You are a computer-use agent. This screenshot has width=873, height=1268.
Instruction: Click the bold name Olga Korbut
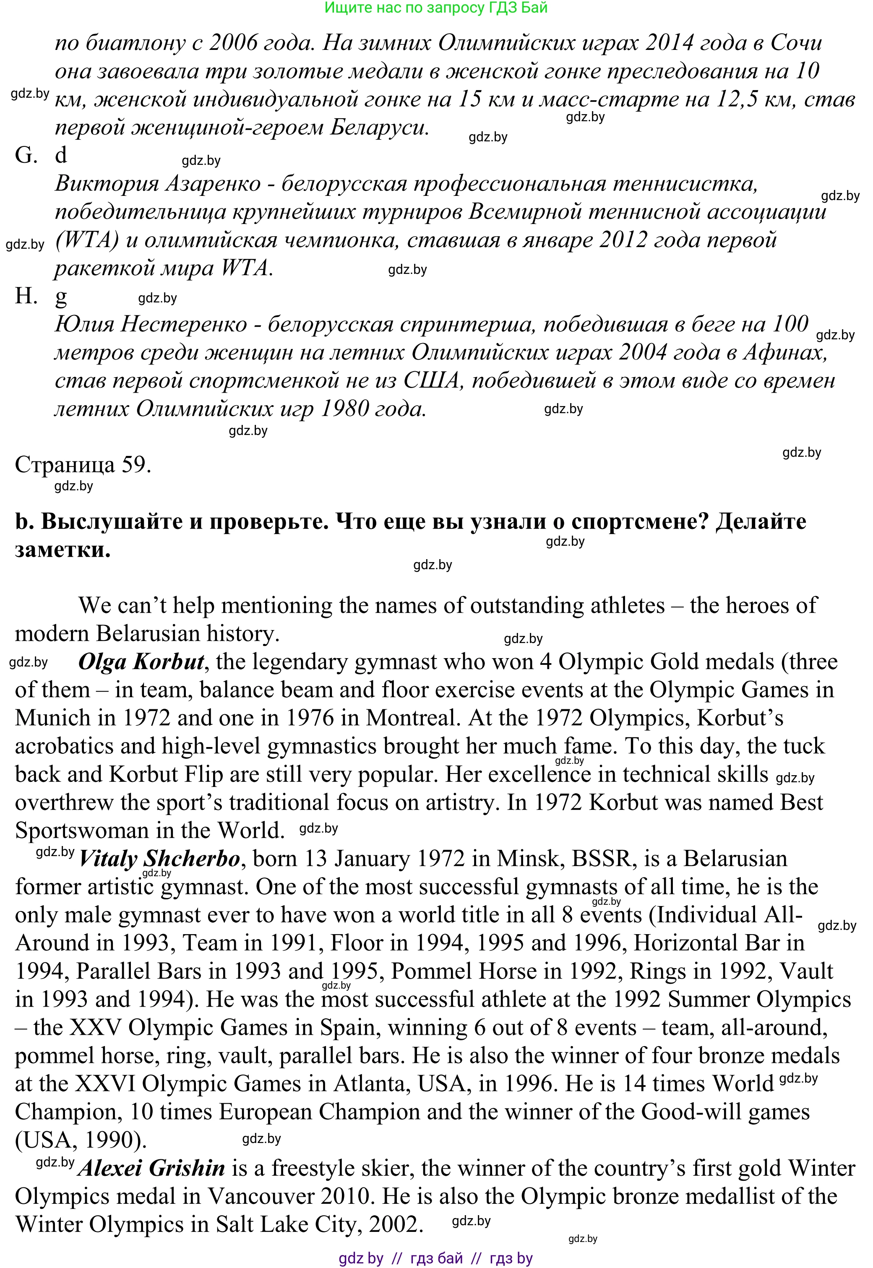point(141,662)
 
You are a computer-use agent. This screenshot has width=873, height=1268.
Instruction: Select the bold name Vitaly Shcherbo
point(160,859)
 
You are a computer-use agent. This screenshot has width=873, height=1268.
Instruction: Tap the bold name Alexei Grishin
point(151,1169)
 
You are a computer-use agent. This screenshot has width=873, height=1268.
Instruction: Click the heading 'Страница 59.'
point(83,465)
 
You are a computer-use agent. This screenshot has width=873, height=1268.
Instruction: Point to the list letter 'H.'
point(26,297)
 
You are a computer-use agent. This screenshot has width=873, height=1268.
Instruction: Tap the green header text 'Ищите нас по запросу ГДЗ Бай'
point(436,8)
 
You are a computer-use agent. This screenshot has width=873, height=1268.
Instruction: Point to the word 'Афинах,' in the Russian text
point(785,353)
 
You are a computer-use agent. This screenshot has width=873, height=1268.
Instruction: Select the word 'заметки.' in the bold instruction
point(63,549)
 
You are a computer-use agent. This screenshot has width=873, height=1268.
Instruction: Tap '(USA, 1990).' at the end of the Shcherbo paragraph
point(81,1140)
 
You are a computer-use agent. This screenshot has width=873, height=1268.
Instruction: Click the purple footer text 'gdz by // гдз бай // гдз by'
point(435,1258)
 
